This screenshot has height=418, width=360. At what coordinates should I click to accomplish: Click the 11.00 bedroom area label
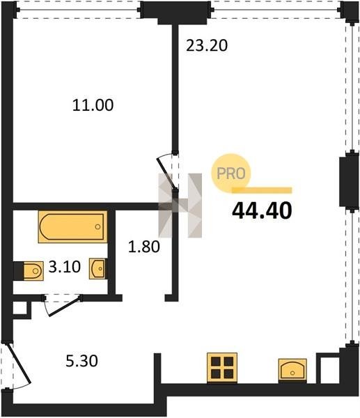(x=93, y=105)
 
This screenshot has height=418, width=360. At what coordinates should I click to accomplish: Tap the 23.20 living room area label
(x=207, y=45)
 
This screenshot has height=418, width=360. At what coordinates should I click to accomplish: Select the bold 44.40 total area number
(x=262, y=210)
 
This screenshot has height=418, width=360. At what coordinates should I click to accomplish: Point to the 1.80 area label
(x=144, y=247)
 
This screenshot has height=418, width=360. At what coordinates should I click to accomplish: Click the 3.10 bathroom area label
(x=65, y=267)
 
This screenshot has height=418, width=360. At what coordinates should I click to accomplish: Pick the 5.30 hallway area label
(x=81, y=361)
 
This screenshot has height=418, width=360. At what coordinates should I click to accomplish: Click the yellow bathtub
(x=72, y=227)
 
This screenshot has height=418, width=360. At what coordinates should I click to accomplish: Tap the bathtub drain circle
(x=97, y=227)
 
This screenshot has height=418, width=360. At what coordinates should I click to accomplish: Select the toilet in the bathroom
(x=33, y=271)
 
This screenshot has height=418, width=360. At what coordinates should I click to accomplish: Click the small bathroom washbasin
(x=97, y=269)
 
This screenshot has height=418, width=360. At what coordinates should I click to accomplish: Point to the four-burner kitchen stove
(x=222, y=368)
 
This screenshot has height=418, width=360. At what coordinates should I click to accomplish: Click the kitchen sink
(x=292, y=369)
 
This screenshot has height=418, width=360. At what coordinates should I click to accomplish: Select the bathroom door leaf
(x=65, y=306)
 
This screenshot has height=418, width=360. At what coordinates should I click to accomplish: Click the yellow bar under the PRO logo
(x=262, y=190)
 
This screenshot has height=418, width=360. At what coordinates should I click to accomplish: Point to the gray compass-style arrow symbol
(x=180, y=206)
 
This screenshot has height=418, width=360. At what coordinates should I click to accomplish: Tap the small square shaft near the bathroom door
(x=20, y=309)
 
